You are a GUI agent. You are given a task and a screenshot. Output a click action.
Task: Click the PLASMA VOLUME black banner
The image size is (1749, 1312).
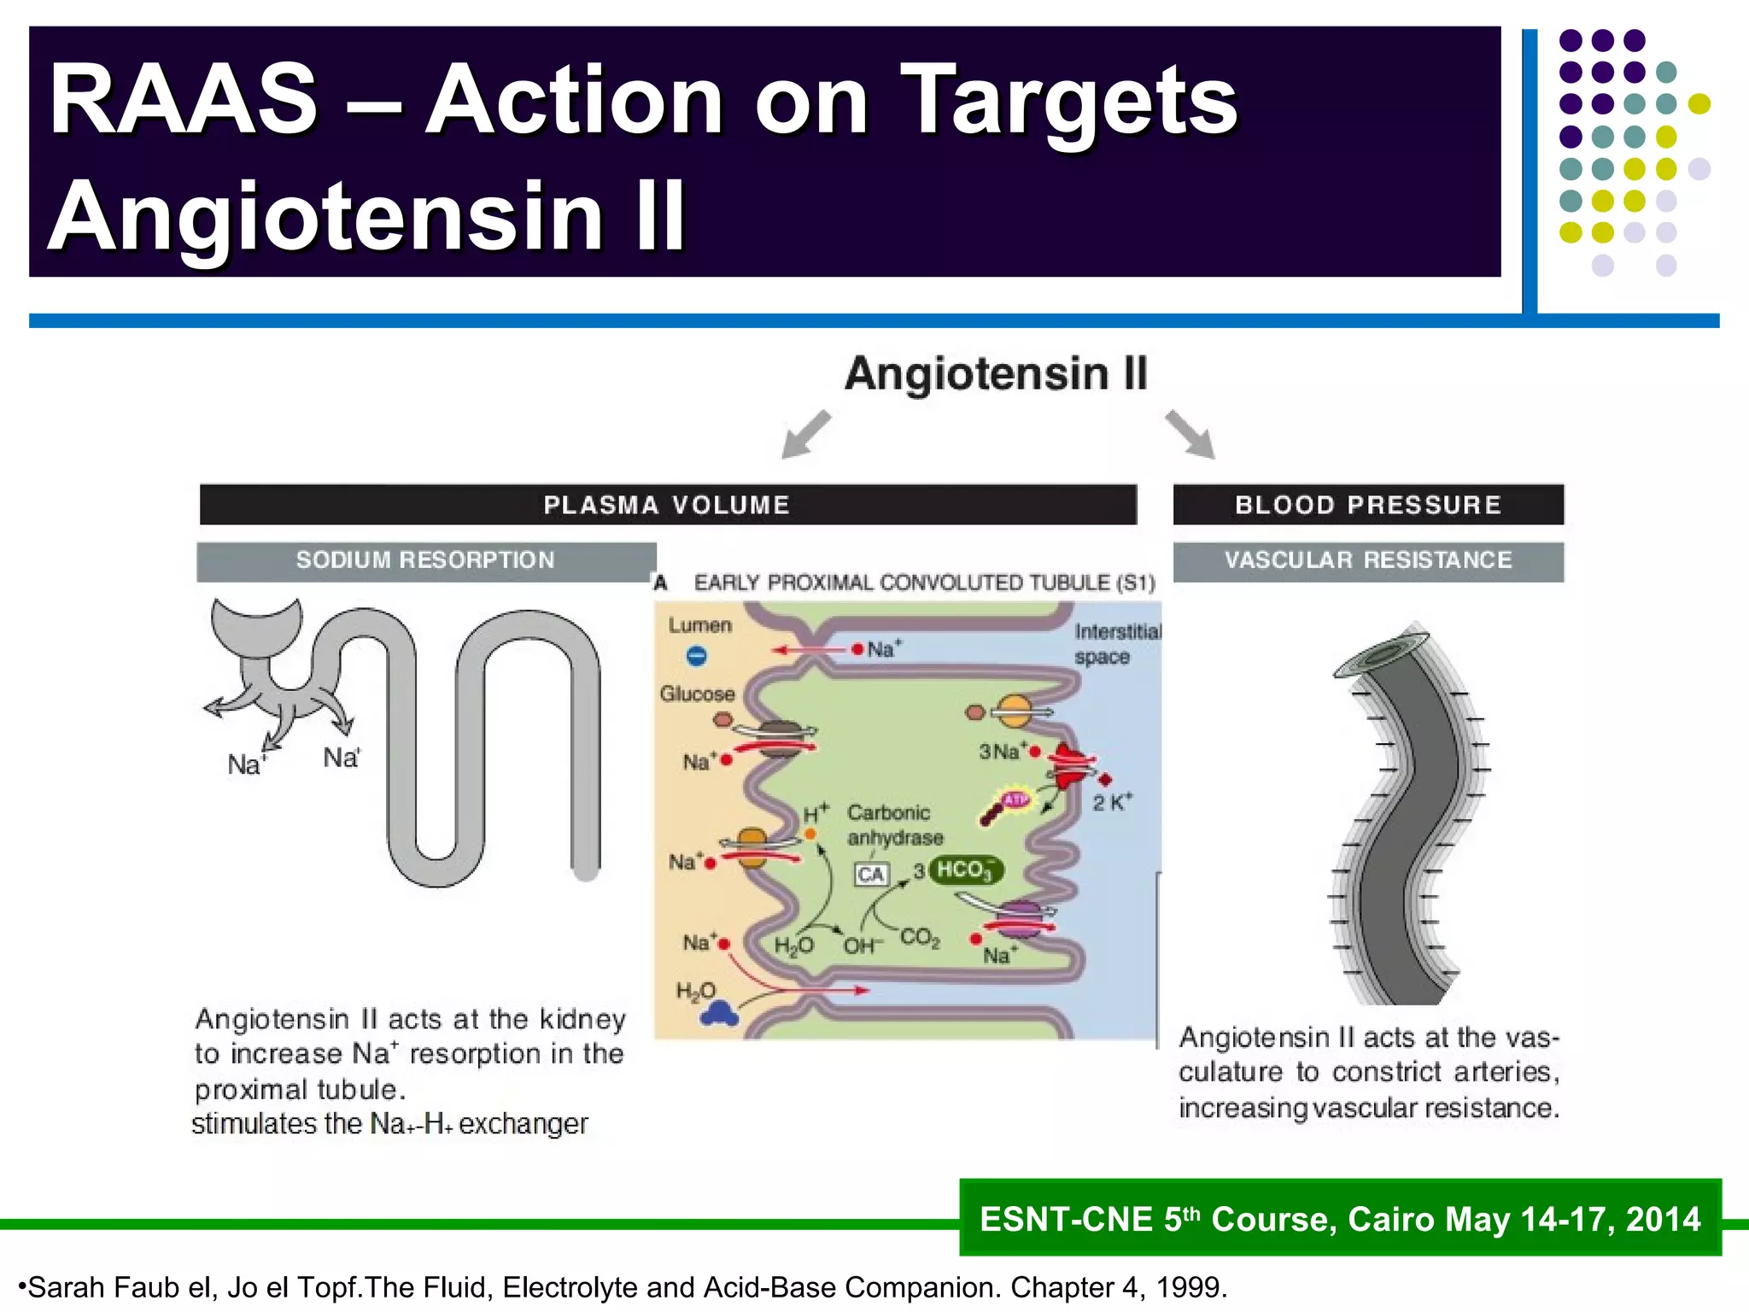(667, 505)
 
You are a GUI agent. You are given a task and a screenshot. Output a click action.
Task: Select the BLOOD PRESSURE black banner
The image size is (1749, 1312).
(1367, 505)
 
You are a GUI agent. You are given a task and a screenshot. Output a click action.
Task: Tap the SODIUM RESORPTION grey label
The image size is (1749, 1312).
(425, 561)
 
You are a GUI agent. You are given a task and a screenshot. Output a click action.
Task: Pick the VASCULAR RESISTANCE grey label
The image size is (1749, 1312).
(1367, 561)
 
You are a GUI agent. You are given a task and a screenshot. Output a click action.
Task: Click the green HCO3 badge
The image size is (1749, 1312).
(966, 870)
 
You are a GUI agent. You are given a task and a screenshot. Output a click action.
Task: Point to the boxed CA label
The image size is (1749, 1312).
(871, 875)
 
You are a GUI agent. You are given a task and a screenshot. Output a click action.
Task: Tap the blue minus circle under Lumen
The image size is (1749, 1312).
(696, 656)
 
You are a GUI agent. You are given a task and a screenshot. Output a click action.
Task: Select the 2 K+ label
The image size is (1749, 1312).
(1112, 803)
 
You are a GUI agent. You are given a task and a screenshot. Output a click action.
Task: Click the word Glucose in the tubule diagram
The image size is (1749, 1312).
(697, 694)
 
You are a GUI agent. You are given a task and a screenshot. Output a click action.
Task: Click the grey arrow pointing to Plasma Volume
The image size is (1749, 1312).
(805, 434)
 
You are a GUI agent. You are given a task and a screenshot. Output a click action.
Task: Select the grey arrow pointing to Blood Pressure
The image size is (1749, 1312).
(1190, 434)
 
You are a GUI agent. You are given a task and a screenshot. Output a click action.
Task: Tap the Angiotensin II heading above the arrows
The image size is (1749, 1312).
(996, 374)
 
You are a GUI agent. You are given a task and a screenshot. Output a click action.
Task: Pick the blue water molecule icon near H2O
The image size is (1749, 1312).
(719, 1014)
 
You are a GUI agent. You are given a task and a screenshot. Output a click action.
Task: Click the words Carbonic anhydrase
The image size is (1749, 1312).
(894, 825)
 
